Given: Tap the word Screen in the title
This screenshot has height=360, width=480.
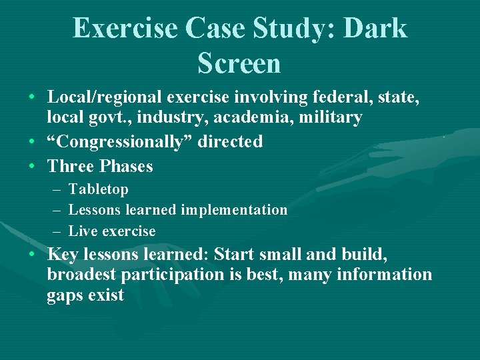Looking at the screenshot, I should click(x=239, y=63).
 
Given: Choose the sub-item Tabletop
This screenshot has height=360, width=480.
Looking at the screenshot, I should click(x=99, y=189).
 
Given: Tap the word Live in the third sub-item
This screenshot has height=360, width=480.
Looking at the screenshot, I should click(x=81, y=231).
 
